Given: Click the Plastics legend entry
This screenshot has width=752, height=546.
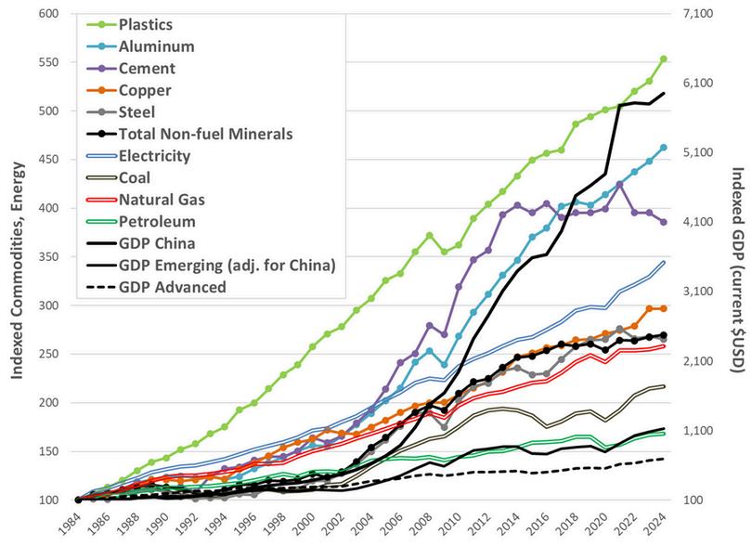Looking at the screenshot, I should pos(148,24).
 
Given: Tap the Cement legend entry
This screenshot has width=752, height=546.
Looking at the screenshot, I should pos(147,68).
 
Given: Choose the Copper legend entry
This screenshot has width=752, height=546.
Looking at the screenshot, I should pos(145,90).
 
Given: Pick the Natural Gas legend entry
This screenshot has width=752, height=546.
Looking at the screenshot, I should pos(162,199).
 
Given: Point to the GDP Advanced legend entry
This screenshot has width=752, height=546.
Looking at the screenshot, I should pos(173,286).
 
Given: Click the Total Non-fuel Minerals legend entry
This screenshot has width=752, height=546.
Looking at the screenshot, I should pos(206,133).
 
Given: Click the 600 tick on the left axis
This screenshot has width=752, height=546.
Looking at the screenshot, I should pos(48,14).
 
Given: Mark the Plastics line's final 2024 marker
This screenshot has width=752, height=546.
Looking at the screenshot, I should pos(663,58).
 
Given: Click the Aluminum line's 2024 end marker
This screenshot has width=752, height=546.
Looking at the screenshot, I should pos(663,147).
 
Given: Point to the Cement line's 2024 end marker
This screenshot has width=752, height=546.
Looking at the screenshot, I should pos(663,222).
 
